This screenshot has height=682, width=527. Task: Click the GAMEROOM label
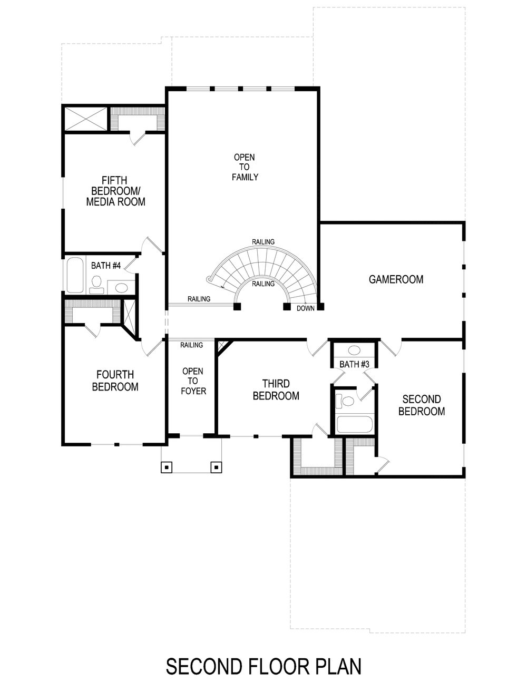click(x=396, y=279)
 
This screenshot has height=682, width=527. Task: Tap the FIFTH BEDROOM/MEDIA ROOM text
click(x=115, y=191)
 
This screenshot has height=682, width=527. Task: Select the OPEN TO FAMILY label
click(x=245, y=167)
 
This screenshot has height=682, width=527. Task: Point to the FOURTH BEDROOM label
click(x=115, y=381)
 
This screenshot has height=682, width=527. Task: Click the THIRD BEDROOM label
click(x=276, y=389)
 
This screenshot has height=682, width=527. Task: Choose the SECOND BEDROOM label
click(x=421, y=405)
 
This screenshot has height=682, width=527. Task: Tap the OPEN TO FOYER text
click(x=193, y=381)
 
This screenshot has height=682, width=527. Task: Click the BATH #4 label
click(x=105, y=266)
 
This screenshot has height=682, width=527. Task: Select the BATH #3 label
click(x=354, y=364)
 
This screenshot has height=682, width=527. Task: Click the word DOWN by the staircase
click(x=305, y=308)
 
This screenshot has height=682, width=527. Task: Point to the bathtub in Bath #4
click(x=75, y=275)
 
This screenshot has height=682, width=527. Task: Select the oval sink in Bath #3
click(x=354, y=350)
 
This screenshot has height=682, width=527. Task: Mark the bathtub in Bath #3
click(x=355, y=424)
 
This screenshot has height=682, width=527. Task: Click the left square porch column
click(x=167, y=466)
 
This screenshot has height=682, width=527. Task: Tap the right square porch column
click(x=216, y=466)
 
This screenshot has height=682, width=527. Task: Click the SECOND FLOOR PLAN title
click(x=263, y=666)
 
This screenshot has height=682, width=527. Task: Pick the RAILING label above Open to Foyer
click(x=191, y=345)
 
